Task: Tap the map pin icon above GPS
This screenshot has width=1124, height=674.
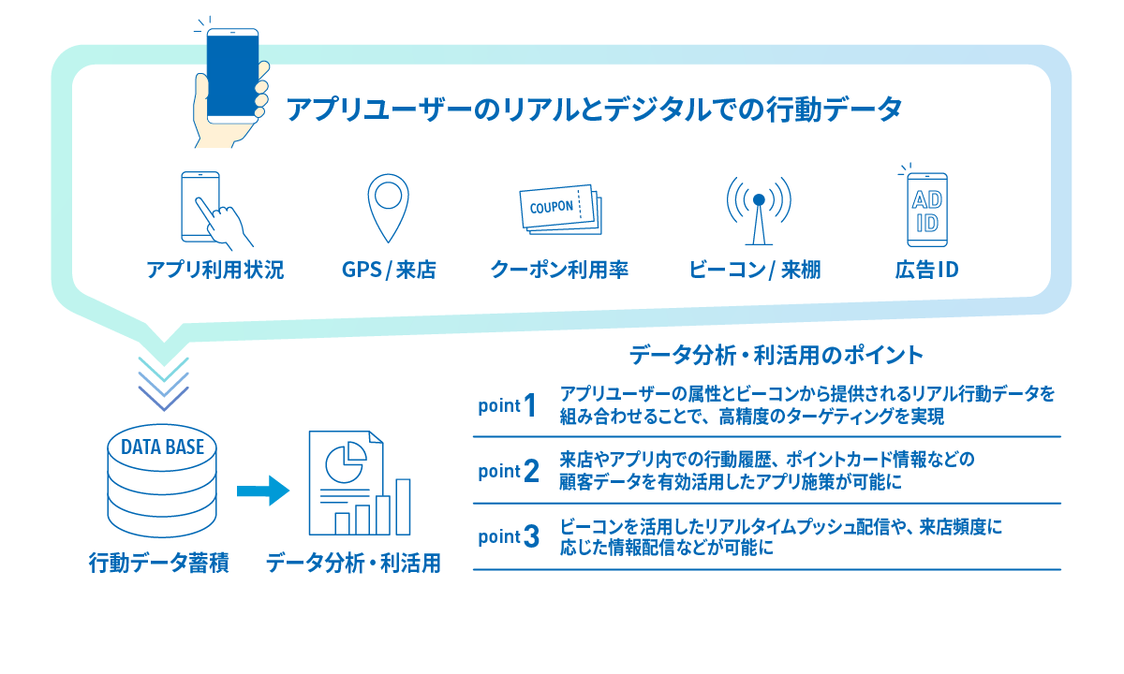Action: point(389,207)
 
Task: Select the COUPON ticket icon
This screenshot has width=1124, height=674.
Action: point(560,210)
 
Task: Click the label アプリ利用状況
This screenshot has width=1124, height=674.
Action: point(214,271)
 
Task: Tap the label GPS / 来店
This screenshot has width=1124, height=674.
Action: point(389,271)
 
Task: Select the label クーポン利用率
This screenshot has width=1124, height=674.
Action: point(559,271)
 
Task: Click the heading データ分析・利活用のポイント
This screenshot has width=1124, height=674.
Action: point(776,355)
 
